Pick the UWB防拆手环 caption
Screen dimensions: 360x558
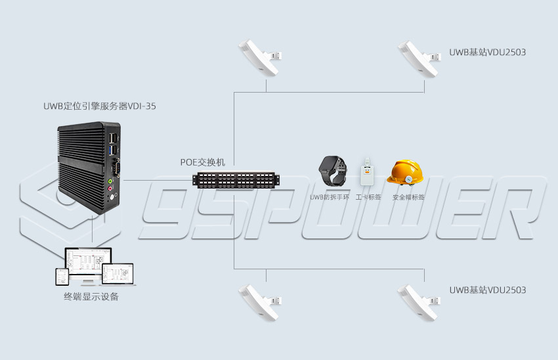click(329, 197)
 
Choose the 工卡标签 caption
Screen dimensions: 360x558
click(368, 197)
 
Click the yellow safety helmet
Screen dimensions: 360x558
click(404, 173)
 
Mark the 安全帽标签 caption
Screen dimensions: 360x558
click(408, 197)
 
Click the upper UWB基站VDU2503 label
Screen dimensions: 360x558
click(487, 52)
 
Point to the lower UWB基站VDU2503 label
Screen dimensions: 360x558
click(487, 290)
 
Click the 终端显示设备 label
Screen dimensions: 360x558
click(91, 296)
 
